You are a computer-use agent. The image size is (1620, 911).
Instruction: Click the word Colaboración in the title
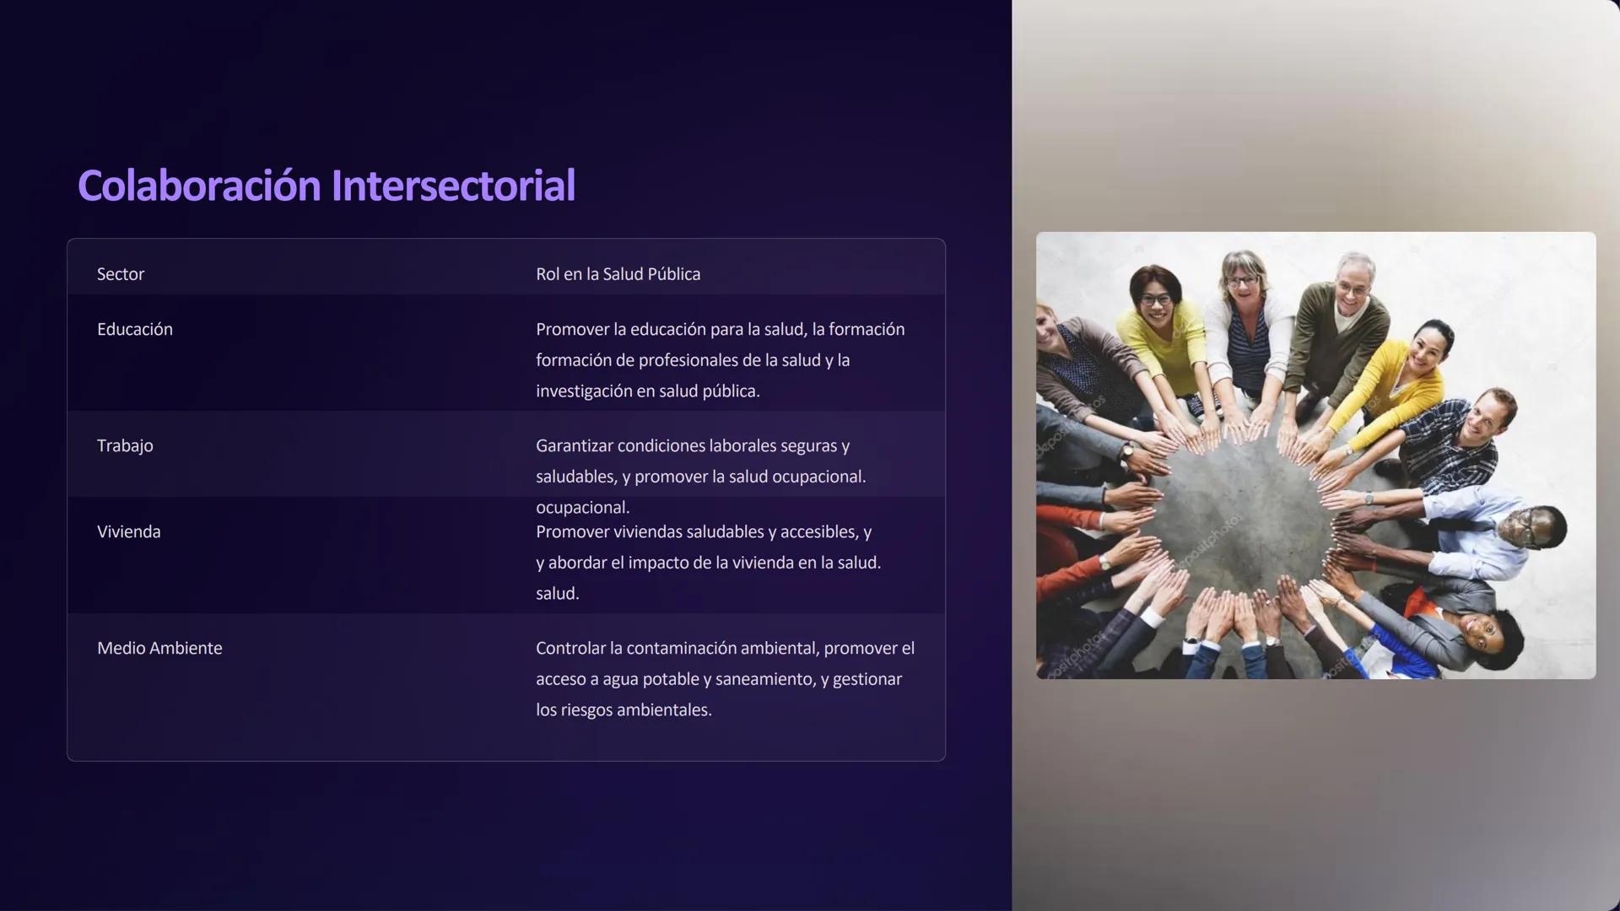(199, 186)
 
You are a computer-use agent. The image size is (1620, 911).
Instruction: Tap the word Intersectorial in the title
(453, 186)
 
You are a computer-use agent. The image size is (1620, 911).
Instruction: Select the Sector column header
(121, 274)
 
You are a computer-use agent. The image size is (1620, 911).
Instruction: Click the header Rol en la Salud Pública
(618, 274)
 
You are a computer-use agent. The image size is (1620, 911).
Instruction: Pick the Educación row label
(135, 329)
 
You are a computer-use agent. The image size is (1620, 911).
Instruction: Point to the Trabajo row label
(125, 445)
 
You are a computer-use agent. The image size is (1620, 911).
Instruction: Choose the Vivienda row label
(129, 531)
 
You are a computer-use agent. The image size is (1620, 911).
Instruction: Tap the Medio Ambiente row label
(159, 648)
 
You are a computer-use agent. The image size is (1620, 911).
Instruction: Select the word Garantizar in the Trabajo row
(574, 445)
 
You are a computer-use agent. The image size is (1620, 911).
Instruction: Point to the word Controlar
(570, 648)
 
